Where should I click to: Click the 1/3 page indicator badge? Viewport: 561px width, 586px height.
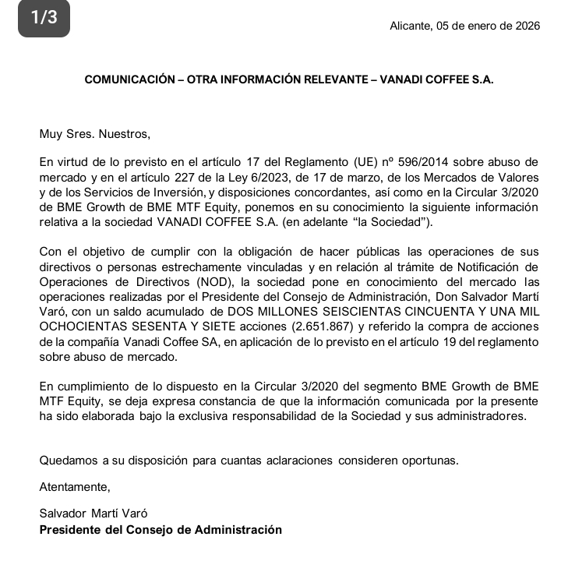click(x=44, y=19)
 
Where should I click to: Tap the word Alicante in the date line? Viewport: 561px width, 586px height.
click(x=408, y=26)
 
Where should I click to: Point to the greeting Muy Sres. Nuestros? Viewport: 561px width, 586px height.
click(x=94, y=133)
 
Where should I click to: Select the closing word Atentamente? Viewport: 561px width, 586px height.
click(x=75, y=488)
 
